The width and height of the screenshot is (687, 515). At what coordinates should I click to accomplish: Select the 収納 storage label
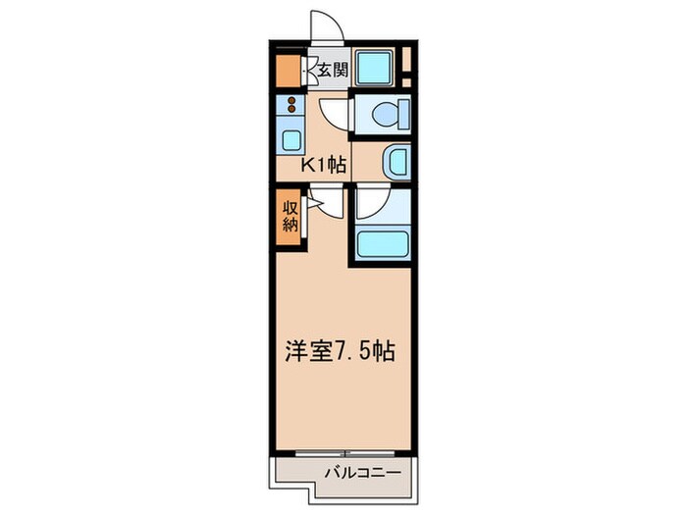point(290,215)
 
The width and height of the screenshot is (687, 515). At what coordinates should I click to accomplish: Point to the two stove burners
point(291,106)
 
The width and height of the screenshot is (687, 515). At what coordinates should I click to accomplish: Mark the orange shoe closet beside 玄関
point(288,70)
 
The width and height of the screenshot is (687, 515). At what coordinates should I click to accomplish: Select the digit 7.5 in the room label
point(352,351)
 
